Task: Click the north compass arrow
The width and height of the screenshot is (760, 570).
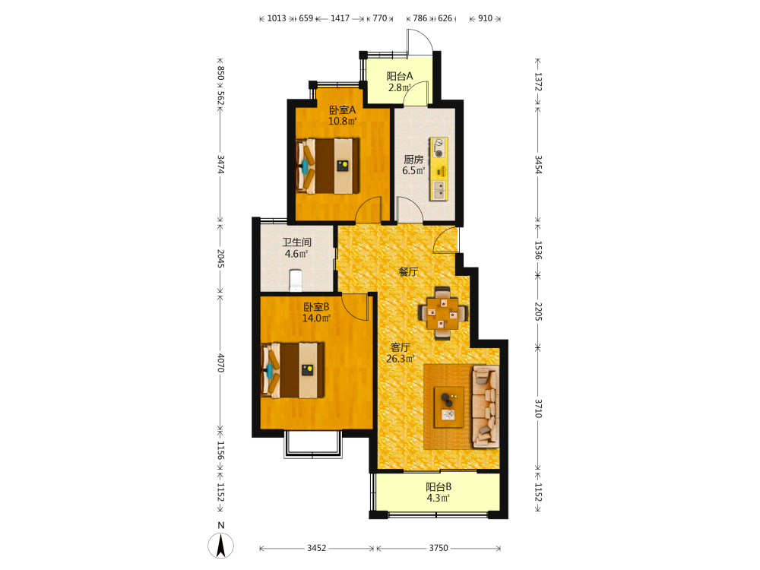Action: click(221, 546)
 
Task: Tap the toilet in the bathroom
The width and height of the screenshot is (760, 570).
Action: click(295, 280)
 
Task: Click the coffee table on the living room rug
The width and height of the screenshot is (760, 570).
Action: click(448, 407)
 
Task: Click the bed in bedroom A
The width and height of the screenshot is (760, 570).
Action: click(328, 166)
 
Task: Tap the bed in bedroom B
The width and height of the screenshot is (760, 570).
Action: click(293, 370)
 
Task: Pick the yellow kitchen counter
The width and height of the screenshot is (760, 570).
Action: click(439, 169)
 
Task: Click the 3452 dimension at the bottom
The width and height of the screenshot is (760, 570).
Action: click(316, 548)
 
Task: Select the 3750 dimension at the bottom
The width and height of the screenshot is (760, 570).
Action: click(439, 548)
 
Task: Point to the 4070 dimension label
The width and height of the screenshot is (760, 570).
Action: click(220, 363)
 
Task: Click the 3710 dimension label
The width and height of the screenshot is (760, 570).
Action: click(538, 409)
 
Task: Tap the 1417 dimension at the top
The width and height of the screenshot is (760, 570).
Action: click(340, 18)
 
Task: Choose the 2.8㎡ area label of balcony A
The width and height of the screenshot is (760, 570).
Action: click(400, 87)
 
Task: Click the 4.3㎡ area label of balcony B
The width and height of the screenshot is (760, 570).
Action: click(439, 499)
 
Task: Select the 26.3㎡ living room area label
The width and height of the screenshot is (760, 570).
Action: click(401, 359)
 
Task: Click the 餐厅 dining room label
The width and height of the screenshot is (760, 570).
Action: click(408, 272)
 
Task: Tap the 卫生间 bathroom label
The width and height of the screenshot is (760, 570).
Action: click(296, 242)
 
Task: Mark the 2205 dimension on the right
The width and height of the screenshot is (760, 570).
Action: click(538, 311)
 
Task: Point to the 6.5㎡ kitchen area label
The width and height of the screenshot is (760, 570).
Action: click(413, 170)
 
